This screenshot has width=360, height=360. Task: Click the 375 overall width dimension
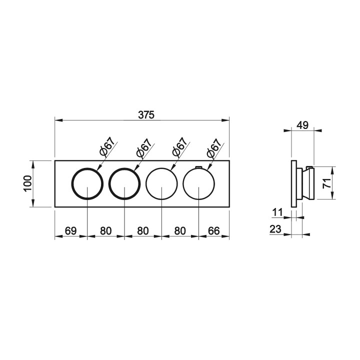[146, 115]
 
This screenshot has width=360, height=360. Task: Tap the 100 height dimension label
[27, 183]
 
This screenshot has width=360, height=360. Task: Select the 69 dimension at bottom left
[70, 230]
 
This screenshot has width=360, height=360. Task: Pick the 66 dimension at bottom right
[214, 230]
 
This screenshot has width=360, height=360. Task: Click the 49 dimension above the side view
[302, 125]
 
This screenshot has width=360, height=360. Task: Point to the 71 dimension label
[327, 183]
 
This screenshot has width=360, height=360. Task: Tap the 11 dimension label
[277, 212]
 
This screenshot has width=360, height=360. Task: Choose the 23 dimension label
[275, 229]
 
